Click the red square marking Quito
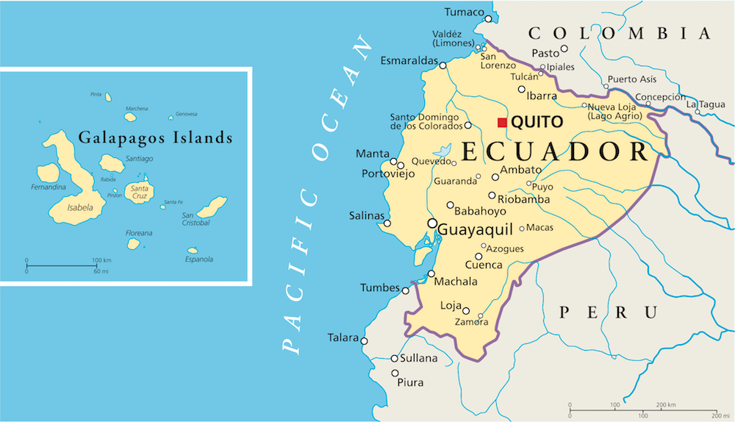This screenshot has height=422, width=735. coord(503,122)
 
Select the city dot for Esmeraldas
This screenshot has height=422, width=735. coord(442,65)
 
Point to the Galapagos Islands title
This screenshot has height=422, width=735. coord(155,137)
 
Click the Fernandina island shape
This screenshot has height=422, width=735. coord(48,173)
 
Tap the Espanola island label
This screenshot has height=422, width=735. coord(198,259)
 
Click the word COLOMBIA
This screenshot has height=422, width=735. coord(620,33)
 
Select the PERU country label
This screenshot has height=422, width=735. coord(608,312)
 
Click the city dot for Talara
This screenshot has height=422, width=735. coord(363,339)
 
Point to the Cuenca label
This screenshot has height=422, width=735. coord(484,265)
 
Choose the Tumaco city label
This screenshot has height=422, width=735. coord(465,12)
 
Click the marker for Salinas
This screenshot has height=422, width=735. coord(387,223)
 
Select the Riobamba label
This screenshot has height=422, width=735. coord(524,199)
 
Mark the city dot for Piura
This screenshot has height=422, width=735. coord(394,373)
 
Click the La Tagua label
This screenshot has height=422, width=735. coord(706,105)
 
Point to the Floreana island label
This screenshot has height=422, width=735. coord(139,233)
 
